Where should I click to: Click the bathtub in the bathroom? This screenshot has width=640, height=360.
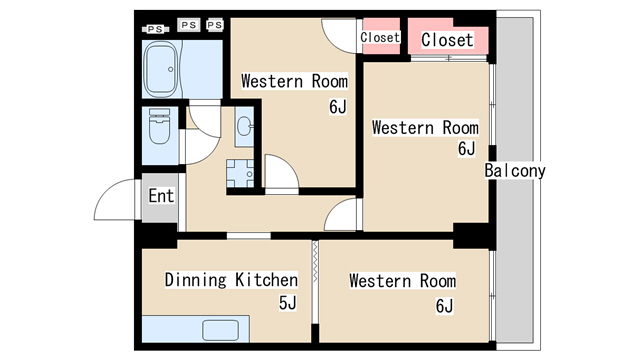coord(162,69)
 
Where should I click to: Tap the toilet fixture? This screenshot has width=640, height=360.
coord(160,126)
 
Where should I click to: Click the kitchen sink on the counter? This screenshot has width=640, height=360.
coord(220,330)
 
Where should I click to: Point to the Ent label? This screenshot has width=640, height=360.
coord(161,196)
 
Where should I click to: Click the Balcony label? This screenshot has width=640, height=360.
coord(515,171)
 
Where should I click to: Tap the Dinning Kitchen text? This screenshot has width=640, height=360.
coord(231,280)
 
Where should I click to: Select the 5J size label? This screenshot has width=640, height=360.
coord(288,303)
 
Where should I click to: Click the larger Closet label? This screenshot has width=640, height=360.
coord(447,40)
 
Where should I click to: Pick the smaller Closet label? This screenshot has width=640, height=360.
coord(380,38)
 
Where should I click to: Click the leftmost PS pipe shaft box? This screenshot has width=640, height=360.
coord(156,29)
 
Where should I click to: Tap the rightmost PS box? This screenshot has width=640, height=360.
coord(215,25)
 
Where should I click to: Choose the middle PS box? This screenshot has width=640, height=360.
coord(189,25)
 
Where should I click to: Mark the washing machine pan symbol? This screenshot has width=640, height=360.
coord(240,173)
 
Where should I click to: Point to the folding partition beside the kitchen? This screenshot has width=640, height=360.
coord(315,261)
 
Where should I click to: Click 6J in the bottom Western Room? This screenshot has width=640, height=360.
coord(444,306)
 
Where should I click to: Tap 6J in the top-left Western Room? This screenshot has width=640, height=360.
coord(338,107)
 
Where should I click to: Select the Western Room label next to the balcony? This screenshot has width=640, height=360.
coord(425,128)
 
